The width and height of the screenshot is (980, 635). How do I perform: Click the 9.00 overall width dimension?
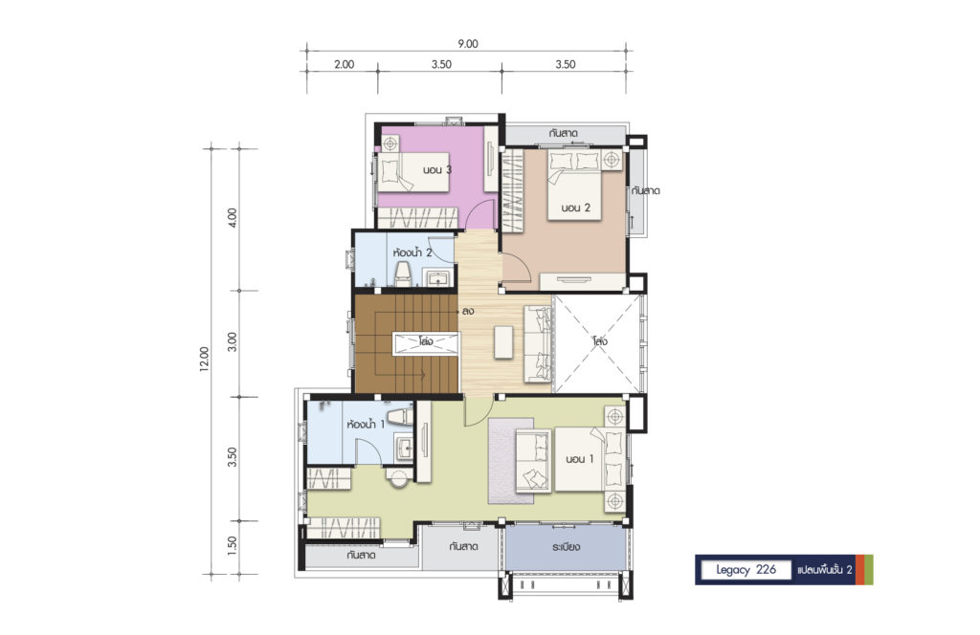coord(467,44)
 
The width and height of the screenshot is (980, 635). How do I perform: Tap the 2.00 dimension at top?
coord(344,64)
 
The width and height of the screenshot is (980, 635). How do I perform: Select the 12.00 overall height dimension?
coord(205,360)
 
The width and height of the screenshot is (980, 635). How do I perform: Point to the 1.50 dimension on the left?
coord(233,545)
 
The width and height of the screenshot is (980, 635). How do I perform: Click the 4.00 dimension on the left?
coord(233,217)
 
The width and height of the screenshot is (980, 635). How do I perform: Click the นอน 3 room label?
coord(436,170)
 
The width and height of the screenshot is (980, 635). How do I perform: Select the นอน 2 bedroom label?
coord(575,208)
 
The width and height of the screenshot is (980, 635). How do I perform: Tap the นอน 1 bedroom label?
coord(579,459)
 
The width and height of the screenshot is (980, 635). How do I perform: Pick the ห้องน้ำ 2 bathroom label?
coord(412,252)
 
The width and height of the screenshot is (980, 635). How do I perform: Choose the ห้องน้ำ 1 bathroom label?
coord(366,425)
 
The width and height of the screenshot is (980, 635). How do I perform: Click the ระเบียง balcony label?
coord(566,547)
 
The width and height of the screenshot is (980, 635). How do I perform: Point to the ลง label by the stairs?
coord(467,311)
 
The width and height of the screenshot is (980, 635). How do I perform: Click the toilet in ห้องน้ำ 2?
coord(404,274)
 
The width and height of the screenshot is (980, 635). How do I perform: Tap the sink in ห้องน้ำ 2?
coord(438,277)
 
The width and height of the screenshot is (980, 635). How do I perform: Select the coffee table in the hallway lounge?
coord(503,342)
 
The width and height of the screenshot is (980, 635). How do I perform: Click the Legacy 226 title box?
coord(746,569)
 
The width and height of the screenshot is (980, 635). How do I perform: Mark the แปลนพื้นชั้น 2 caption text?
coord(825,569)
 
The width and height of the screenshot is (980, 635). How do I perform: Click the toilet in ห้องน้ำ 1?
coord(399,416)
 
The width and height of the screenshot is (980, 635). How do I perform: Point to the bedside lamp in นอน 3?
coord(390,144)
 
